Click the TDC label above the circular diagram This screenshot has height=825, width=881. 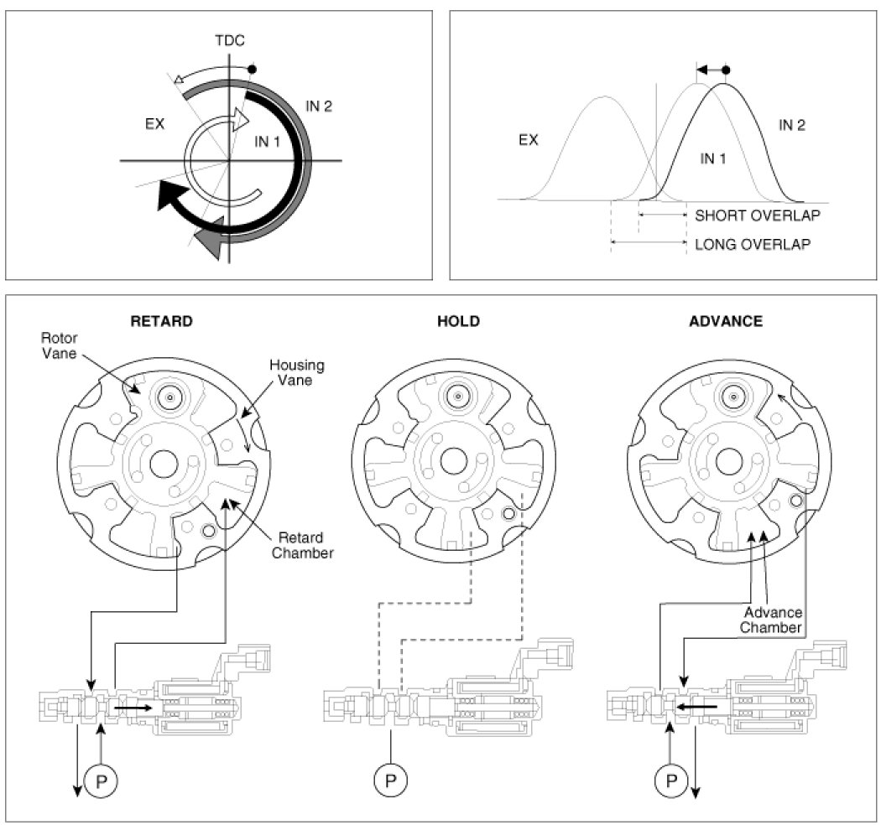[x=230, y=40]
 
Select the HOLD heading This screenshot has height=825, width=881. [x=458, y=321]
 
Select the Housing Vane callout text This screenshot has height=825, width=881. [x=297, y=373]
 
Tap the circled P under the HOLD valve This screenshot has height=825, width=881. [x=390, y=782]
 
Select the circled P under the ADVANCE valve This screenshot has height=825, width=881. [x=670, y=782]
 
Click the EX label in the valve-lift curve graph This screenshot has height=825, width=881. [x=528, y=140]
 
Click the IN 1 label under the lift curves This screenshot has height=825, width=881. [x=712, y=158]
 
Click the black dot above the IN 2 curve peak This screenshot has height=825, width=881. [x=726, y=70]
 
